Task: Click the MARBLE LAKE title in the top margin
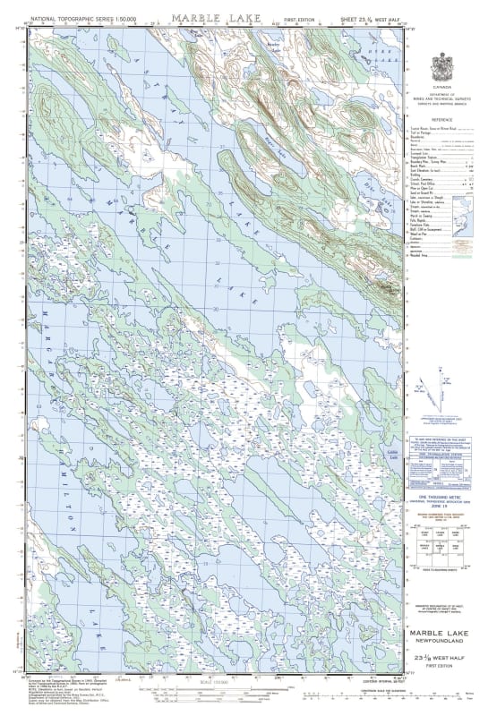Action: click(200, 16)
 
